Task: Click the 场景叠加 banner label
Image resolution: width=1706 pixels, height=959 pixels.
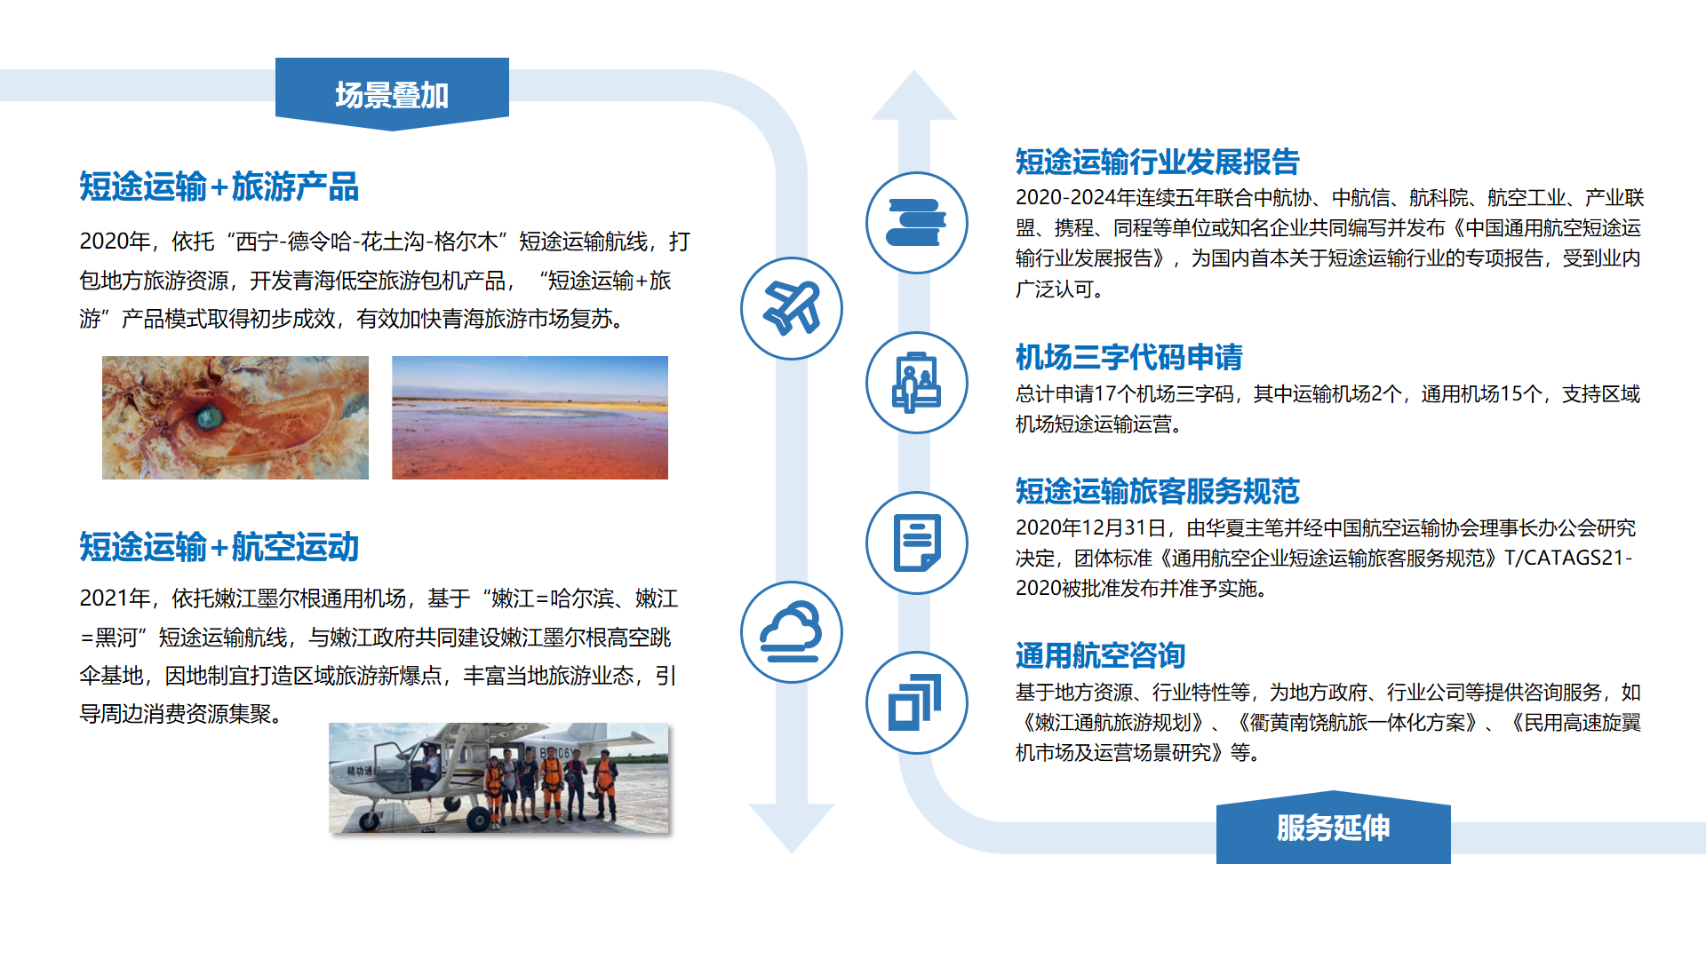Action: tap(392, 94)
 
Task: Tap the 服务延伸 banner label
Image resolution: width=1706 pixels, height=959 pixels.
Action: tap(1333, 828)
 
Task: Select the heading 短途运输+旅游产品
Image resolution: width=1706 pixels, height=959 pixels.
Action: tap(219, 186)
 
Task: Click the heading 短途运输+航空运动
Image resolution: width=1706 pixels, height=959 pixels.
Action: tap(219, 547)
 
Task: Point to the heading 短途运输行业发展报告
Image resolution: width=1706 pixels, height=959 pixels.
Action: tap(1157, 162)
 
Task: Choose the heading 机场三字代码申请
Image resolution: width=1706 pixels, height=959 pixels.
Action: tap(1128, 357)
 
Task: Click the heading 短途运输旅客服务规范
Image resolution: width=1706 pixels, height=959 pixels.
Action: tap(1157, 491)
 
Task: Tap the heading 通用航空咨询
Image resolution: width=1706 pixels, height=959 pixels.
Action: tap(1100, 655)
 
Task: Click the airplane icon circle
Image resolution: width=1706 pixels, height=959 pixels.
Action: tap(791, 308)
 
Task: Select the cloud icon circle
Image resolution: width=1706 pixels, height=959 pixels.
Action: tap(791, 632)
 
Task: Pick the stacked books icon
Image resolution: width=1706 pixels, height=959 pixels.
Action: tap(916, 223)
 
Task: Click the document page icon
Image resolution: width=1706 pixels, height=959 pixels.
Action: tap(916, 543)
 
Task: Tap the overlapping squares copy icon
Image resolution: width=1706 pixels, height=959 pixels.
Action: tap(916, 702)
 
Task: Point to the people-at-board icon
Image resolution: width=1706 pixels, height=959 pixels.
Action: tap(916, 383)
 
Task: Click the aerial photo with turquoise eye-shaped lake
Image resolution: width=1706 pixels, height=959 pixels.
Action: tap(235, 417)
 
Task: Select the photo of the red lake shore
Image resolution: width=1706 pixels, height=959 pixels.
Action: tap(530, 417)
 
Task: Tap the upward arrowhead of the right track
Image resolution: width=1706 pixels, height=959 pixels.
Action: tap(913, 96)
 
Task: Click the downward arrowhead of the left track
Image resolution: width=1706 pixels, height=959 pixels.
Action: tap(791, 827)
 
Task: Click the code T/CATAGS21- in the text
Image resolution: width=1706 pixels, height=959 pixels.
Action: tap(1567, 558)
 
